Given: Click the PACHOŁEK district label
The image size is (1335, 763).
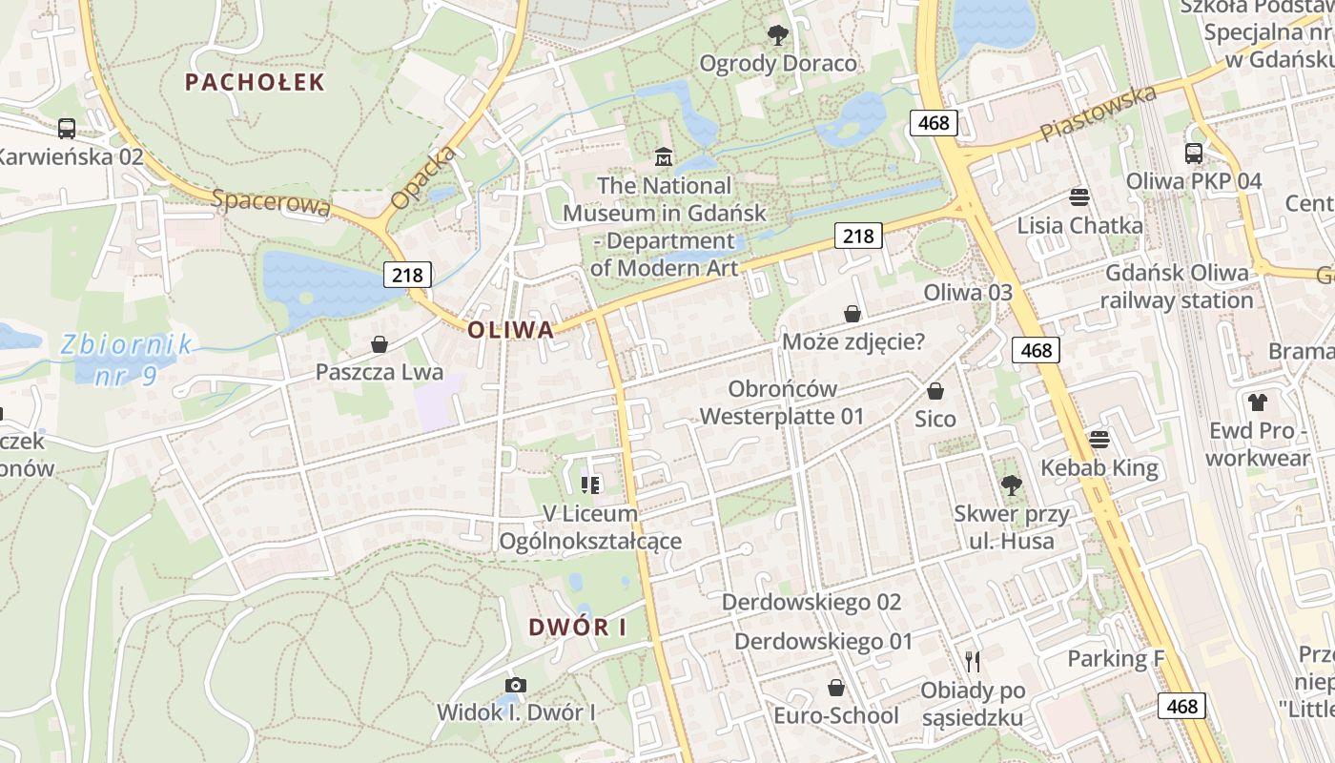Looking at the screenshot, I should (255, 82).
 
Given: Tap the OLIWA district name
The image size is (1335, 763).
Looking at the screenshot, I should (510, 330).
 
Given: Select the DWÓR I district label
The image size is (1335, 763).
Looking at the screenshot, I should (578, 627).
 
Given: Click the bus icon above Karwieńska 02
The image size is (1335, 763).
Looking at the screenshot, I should (67, 128).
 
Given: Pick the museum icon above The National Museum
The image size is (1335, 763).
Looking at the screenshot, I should (664, 156).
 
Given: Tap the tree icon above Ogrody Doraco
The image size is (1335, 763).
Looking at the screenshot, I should (778, 36).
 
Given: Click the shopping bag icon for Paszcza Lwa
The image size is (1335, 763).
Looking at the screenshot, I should (380, 344).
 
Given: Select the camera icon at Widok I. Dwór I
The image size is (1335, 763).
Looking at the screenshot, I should (516, 685).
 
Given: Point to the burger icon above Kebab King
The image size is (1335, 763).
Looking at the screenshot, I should (1099, 440).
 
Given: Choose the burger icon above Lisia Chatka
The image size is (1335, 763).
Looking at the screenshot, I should (1079, 197).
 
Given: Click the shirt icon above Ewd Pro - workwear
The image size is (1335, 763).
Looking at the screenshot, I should (1258, 402).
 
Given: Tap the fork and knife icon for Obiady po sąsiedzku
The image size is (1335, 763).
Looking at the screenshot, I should (973, 661).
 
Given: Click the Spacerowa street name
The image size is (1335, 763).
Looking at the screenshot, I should (271, 202).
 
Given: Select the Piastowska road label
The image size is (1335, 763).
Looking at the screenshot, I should (1099, 113).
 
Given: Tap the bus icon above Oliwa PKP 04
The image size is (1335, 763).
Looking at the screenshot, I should (1193, 153).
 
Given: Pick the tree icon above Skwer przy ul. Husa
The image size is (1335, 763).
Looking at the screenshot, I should (1011, 485).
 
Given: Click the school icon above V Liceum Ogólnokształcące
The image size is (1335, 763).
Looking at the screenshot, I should (590, 485).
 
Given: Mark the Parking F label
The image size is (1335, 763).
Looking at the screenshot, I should (1116, 658).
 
